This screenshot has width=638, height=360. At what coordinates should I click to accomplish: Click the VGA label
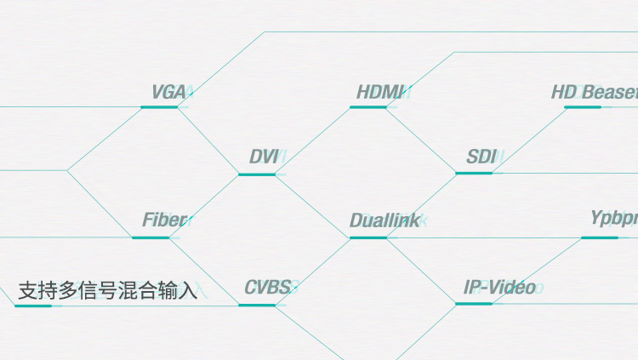tap(168, 92)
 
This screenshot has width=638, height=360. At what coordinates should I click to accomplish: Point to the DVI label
tap(265, 157)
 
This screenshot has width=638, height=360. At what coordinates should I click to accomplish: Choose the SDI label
tap(481, 157)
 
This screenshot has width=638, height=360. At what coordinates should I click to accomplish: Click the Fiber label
tap(164, 221)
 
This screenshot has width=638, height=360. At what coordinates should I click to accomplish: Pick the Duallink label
tap(385, 221)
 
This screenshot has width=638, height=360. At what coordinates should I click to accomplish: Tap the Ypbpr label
tap(613, 219)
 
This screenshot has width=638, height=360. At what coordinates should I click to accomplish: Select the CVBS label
tap(268, 288)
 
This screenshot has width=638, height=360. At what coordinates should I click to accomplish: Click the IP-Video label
tap(499, 288)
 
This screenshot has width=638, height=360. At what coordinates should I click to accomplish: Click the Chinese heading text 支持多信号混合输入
tap(107, 291)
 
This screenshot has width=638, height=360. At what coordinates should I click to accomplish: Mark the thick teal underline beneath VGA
tap(159, 107)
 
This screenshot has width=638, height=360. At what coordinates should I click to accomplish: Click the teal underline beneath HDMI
tap(368, 107)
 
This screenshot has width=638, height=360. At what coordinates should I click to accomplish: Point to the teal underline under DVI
tap(257, 174)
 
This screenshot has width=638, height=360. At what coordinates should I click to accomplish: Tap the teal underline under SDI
tap(474, 173)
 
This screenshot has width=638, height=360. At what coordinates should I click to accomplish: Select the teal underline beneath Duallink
tap(368, 237)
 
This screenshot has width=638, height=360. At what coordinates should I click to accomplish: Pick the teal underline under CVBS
tap(257, 305)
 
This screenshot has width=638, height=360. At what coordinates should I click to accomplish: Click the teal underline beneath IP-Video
tap(474, 303)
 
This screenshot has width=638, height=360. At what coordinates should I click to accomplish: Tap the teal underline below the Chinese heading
tap(33, 306)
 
